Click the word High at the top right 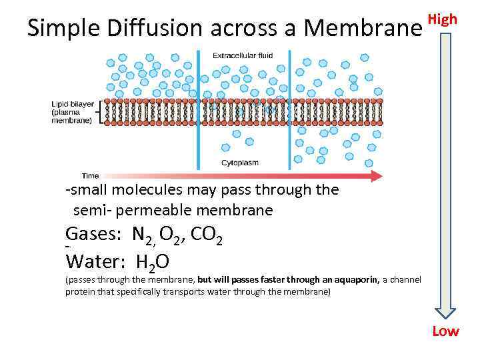click(x=443, y=19)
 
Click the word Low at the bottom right click(x=445, y=331)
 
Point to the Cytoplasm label click(x=240, y=163)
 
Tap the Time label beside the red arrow click(x=90, y=176)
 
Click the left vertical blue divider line click(x=197, y=110)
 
